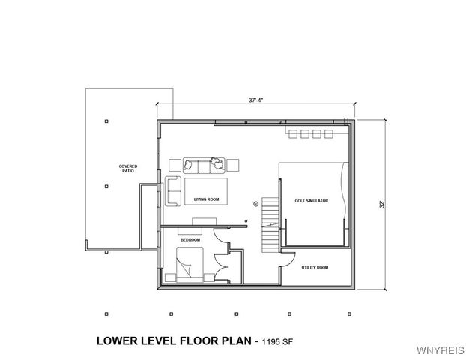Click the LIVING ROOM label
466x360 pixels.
[206, 199]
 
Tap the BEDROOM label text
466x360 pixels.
[190, 239]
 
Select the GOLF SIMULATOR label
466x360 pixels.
[310, 200]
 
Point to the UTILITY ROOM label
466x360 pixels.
[314, 267]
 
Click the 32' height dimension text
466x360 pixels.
[381, 203]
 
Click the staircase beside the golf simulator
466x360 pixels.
[270, 229]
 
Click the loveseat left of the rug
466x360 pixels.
[174, 191]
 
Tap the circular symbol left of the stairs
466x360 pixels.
[255, 203]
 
